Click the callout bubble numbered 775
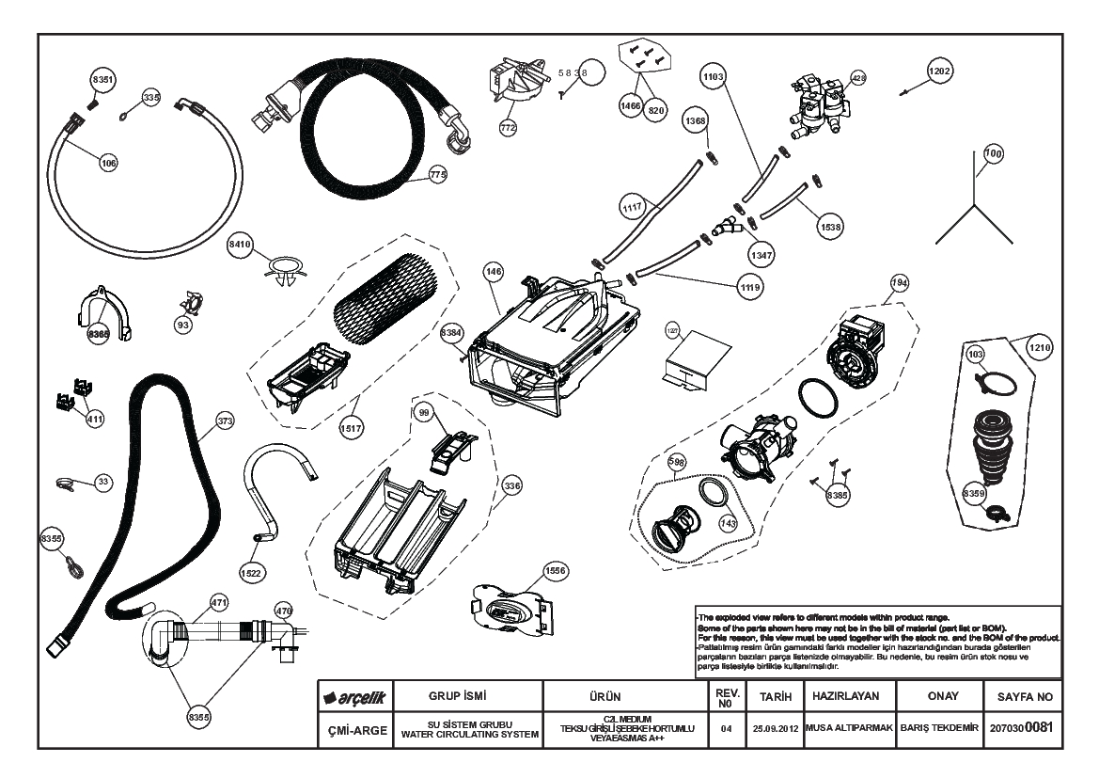[x=436, y=174]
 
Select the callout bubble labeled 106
[x=109, y=163]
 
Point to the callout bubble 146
[x=494, y=271]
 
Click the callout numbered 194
[x=901, y=283]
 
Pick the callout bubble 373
[x=224, y=422]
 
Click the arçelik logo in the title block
[x=354, y=698]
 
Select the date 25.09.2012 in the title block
[x=776, y=729]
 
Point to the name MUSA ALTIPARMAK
[x=846, y=729]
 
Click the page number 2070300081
[x=1023, y=729]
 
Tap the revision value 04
[x=726, y=729]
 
